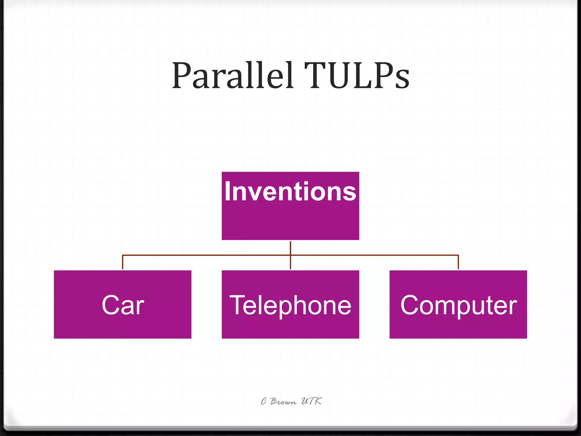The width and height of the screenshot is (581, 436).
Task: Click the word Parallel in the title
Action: pos(233,76)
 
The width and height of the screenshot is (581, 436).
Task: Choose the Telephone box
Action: pos(290,326)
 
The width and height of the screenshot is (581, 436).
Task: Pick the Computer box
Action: pos(458,326)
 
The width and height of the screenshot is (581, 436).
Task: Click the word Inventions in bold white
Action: pos(290,192)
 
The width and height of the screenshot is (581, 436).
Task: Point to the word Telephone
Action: pos(290,305)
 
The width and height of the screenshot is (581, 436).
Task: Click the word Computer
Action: pos(458,305)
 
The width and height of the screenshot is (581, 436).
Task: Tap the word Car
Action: pos(123,305)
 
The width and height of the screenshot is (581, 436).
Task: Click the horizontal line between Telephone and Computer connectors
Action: pos(374,255)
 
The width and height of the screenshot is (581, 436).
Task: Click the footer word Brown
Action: pos(283,401)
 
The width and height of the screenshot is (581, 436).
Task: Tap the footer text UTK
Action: pos(311,401)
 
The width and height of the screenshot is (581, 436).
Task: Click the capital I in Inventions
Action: pos(227,192)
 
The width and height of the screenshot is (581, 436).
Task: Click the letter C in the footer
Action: pos(264,401)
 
